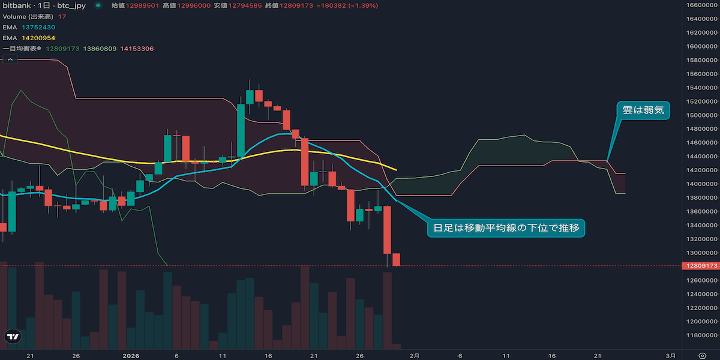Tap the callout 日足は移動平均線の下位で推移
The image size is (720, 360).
point(505,228)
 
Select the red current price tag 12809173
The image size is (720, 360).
point(701,266)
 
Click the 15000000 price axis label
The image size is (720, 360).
point(701,115)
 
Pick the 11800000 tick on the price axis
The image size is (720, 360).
point(701,335)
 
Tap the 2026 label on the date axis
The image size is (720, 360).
point(131,355)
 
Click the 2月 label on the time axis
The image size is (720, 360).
point(414,355)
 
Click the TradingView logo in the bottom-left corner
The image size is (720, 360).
point(12,337)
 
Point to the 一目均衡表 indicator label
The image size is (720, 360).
point(22,49)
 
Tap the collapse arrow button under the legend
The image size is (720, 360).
point(10,59)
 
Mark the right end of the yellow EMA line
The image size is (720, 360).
point(396,170)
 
